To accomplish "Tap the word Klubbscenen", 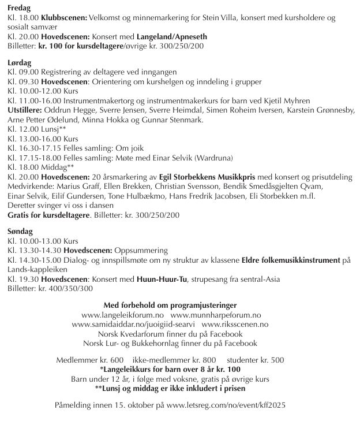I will tap(62, 18).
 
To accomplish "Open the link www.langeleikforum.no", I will tap(123, 315).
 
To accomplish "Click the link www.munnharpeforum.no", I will tap(215, 315).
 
